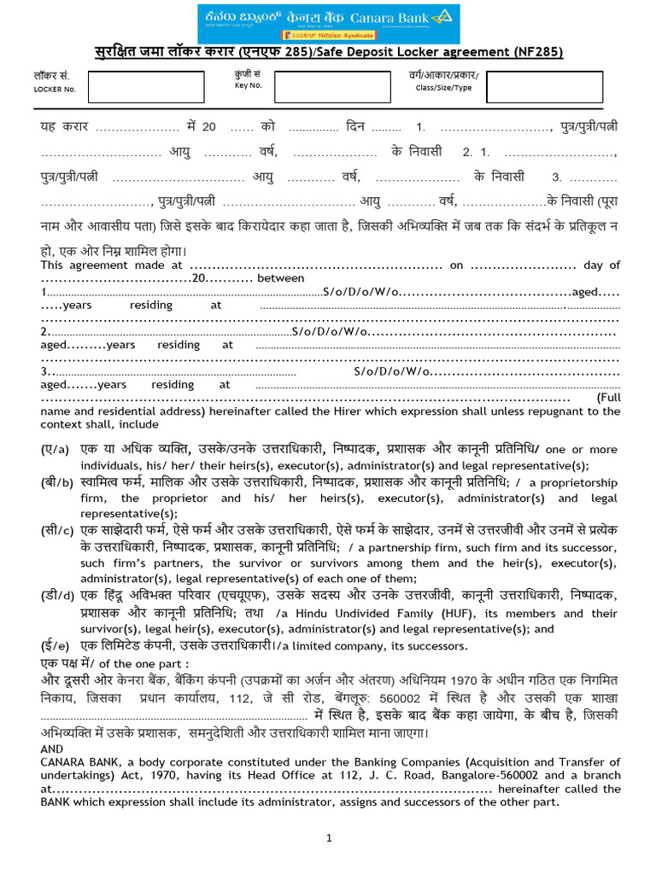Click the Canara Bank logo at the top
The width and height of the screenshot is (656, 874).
[327, 23]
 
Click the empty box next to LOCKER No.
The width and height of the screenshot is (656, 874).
[146, 87]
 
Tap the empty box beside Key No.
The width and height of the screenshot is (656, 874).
[324, 87]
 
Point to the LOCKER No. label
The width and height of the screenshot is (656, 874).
[55, 89]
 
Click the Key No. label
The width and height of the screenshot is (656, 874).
[248, 85]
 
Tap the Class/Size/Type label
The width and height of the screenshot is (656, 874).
[442, 87]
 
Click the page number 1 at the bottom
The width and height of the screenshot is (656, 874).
[329, 839]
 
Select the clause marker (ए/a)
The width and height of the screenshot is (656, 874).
[55, 450]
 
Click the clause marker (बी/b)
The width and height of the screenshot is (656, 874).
[56, 482]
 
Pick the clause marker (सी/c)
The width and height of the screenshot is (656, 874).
[56, 531]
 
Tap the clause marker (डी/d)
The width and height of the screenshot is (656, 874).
[56, 596]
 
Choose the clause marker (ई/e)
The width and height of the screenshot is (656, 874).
[55, 645]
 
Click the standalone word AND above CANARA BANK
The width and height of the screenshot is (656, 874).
[52, 749]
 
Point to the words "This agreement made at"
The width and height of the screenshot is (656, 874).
[112, 265]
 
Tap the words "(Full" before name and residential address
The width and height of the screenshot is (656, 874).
[607, 399]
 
